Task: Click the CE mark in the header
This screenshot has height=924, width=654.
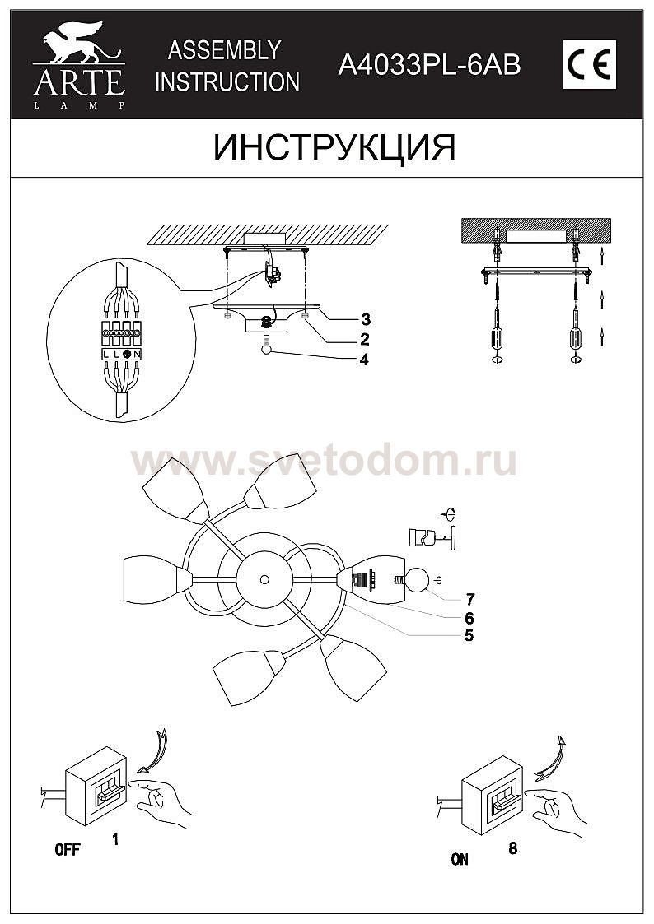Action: [x=589, y=65]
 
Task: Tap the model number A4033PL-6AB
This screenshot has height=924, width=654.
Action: [x=429, y=65]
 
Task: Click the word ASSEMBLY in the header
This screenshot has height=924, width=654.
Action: [x=224, y=51]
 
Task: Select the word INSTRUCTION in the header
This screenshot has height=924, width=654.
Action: [x=227, y=82]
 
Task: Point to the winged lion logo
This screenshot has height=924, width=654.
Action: [x=78, y=43]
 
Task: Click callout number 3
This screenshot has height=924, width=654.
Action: [x=366, y=320]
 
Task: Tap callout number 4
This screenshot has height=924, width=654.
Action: [x=364, y=360]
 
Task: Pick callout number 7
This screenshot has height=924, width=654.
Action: [x=469, y=600]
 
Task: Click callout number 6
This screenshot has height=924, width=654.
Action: [x=469, y=618]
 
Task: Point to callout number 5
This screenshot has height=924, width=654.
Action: [x=469, y=635]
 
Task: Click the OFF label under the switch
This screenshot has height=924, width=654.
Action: [x=68, y=850]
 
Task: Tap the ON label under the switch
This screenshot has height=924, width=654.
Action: [x=460, y=860]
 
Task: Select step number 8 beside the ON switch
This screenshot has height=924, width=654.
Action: [x=512, y=848]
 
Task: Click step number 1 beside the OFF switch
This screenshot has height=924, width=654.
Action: [x=115, y=838]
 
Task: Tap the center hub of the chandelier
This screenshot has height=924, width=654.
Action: [x=264, y=580]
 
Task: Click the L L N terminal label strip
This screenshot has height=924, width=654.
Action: [x=121, y=354]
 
